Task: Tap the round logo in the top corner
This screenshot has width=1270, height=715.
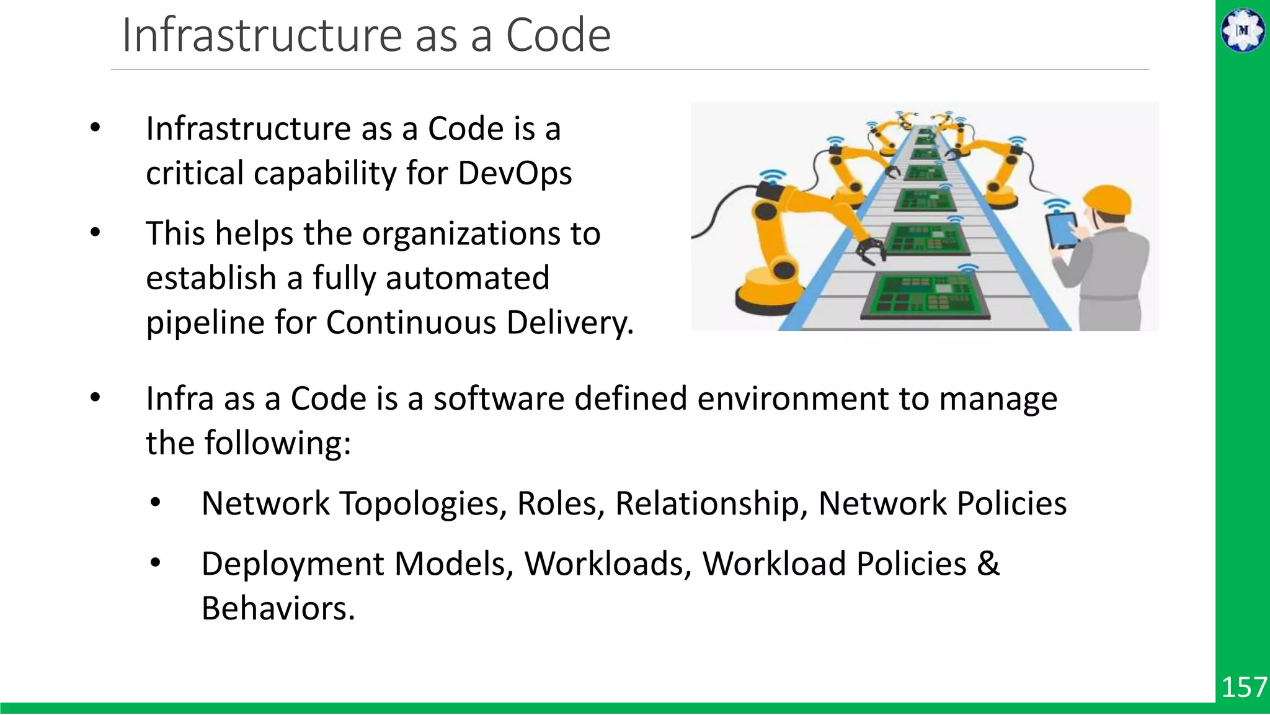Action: coord(1243,30)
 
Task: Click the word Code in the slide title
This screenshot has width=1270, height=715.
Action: coord(558,35)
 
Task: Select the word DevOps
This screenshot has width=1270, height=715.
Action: coord(515,173)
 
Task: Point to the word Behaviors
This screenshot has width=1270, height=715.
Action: coord(278,608)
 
